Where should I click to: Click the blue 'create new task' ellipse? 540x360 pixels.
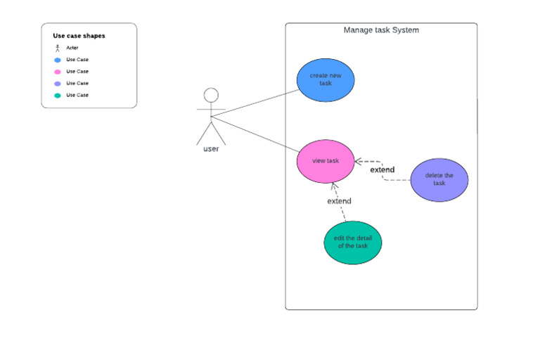coord(325,79)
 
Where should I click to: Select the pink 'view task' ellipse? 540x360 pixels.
coord(325,161)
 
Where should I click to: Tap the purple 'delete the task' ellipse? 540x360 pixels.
coord(439,179)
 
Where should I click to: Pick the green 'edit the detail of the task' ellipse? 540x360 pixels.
coord(352,242)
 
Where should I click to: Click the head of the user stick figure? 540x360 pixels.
coord(211,95)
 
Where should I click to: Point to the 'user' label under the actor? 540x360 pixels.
coord(211,149)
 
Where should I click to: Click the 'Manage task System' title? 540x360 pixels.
coord(381,30)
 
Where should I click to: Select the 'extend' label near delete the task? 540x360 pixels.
coord(382,169)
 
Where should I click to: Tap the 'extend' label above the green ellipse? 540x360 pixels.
coord(339,201)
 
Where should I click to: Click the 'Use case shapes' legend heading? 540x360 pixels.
coord(79,36)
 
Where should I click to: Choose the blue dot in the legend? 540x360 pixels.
coord(57,60)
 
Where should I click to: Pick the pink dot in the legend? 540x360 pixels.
coord(57,72)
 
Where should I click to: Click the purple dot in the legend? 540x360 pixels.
coord(57,84)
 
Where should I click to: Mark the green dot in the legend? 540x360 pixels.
coord(57,95)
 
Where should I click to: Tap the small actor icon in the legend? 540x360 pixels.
coord(57,48)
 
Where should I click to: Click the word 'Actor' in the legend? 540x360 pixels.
coord(72,48)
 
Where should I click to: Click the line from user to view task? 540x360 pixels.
coord(253,134)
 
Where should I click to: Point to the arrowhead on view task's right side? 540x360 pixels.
coord(357,161)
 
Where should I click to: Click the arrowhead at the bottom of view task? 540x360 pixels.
coord(335,186)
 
